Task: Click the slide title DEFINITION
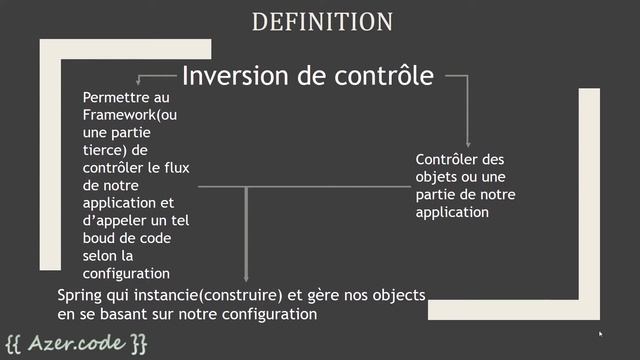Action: coord(322,21)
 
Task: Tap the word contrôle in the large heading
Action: coord(378,76)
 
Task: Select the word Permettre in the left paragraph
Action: coord(114,97)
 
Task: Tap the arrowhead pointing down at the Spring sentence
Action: coord(246,279)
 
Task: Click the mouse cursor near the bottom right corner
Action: coord(601,334)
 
